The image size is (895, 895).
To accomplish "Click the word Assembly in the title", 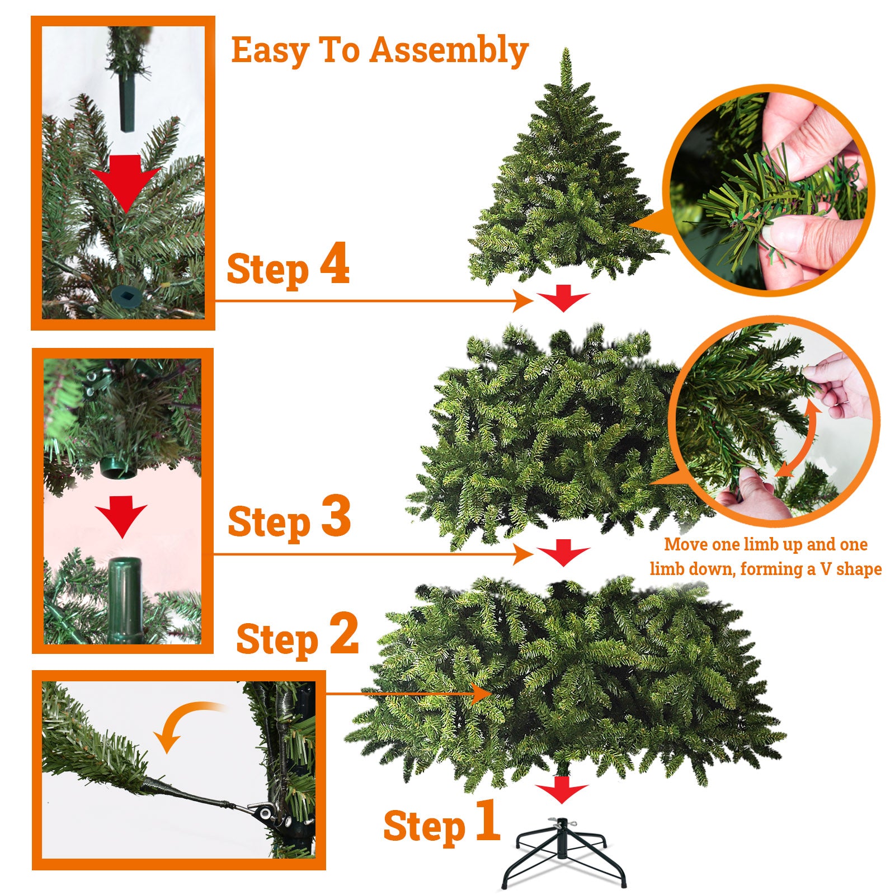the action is (449, 51).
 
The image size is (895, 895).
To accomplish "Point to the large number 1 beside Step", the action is (488, 819).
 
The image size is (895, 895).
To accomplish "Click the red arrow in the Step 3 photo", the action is (121, 516).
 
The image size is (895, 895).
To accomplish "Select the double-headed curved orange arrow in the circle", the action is (800, 439).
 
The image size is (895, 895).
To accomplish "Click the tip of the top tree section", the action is (566, 49).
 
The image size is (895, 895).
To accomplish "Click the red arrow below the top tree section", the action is (563, 298).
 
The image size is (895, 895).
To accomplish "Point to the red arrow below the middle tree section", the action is (563, 553).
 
